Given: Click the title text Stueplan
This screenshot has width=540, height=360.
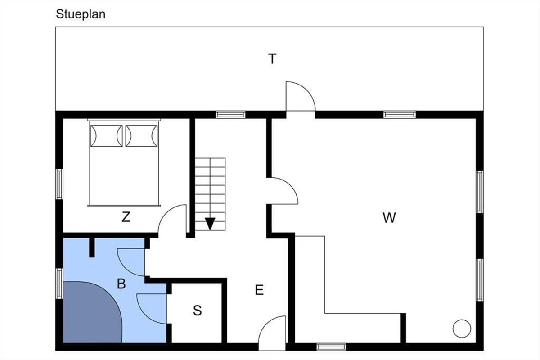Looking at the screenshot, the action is (x=81, y=14).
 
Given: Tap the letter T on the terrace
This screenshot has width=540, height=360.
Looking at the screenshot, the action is (x=272, y=59).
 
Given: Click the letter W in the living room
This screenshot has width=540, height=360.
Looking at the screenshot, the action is (x=389, y=218).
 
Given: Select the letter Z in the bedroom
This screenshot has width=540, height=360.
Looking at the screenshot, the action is (x=126, y=217).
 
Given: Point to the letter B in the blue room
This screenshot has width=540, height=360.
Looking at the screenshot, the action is (x=121, y=283).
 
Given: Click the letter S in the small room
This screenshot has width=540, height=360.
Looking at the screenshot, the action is (x=197, y=310).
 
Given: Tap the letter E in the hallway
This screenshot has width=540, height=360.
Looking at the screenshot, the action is (x=259, y=290).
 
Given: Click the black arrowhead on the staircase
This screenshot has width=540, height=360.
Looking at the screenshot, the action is (x=210, y=224).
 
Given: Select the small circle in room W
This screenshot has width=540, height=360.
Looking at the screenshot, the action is (x=462, y=328).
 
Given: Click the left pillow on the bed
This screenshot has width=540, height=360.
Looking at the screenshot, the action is (x=106, y=136).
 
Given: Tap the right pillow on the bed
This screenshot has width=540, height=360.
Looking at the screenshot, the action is (x=142, y=136).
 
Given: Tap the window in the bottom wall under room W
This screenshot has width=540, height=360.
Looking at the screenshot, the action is (x=332, y=347).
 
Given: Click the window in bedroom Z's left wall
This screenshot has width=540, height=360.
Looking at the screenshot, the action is (x=59, y=184).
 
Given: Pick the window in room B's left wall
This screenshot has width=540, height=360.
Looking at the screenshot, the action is (x=59, y=283).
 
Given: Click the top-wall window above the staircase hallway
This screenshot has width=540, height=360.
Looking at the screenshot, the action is (x=230, y=115).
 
